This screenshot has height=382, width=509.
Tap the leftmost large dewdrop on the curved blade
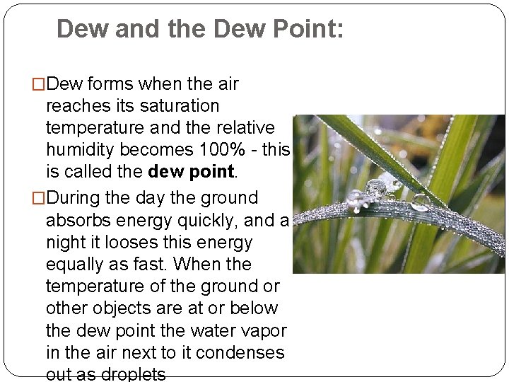(x=355, y=197)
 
